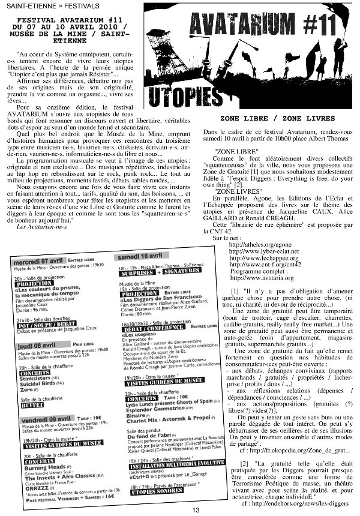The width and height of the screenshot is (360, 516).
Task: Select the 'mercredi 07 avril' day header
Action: (40, 262)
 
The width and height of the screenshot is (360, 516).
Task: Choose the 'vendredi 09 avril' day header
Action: (43, 418)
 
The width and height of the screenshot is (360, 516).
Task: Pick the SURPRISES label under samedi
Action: (137, 271)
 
